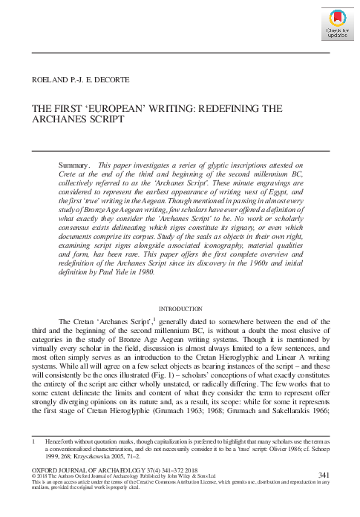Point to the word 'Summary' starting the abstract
pos(73,163)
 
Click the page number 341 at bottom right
pos(324,474)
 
